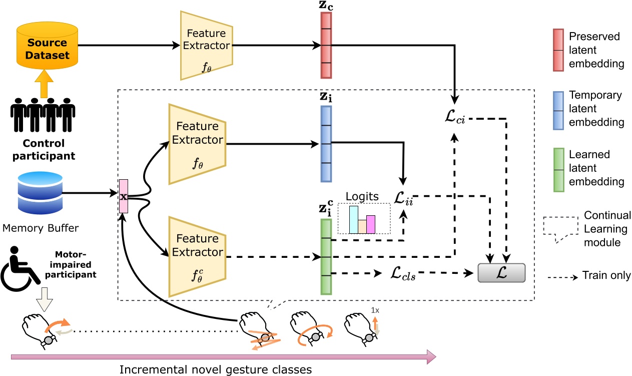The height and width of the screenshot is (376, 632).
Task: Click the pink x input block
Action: (123, 196)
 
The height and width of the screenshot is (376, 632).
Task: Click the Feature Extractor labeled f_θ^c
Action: (197, 256)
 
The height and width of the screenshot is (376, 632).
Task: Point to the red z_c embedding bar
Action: (326, 46)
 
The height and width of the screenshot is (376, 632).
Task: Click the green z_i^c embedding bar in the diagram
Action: (326, 258)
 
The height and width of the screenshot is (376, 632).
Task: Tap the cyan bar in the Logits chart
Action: (353, 219)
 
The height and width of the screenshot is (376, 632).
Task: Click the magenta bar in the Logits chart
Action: (371, 224)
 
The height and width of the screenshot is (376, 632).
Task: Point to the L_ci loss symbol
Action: (455, 120)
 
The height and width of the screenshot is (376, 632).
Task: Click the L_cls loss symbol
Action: (403, 274)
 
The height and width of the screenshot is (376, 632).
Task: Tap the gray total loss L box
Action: (501, 273)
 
